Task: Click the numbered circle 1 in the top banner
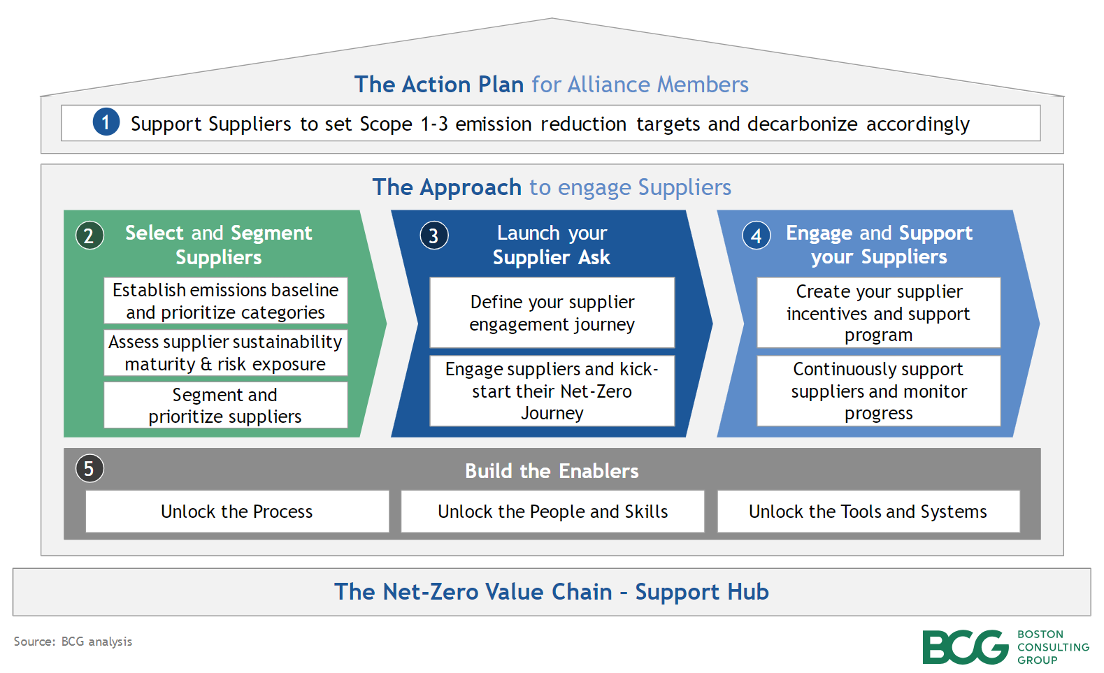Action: [x=106, y=122]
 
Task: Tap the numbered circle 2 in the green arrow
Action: [x=89, y=236]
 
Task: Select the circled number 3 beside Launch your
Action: [x=433, y=236]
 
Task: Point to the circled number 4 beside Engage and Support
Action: [x=756, y=236]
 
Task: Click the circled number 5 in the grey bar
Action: [x=89, y=468]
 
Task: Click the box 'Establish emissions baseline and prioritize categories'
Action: [x=225, y=301]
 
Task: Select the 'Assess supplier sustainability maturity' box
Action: [x=225, y=353]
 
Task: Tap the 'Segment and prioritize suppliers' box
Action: [x=225, y=405]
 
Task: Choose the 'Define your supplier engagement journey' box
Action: [x=552, y=312]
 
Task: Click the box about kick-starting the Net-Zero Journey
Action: [x=552, y=391]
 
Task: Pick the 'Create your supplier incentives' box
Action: [x=878, y=312]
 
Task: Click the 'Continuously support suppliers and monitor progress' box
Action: [x=878, y=391]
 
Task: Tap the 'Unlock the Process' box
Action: [x=237, y=512]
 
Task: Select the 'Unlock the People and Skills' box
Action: [x=552, y=512]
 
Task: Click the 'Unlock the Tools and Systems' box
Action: [x=868, y=512]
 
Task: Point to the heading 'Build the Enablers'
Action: [x=552, y=471]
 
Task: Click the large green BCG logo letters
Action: [x=964, y=647]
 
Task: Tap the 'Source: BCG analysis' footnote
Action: [x=73, y=642]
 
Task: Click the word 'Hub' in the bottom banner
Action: [x=747, y=592]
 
